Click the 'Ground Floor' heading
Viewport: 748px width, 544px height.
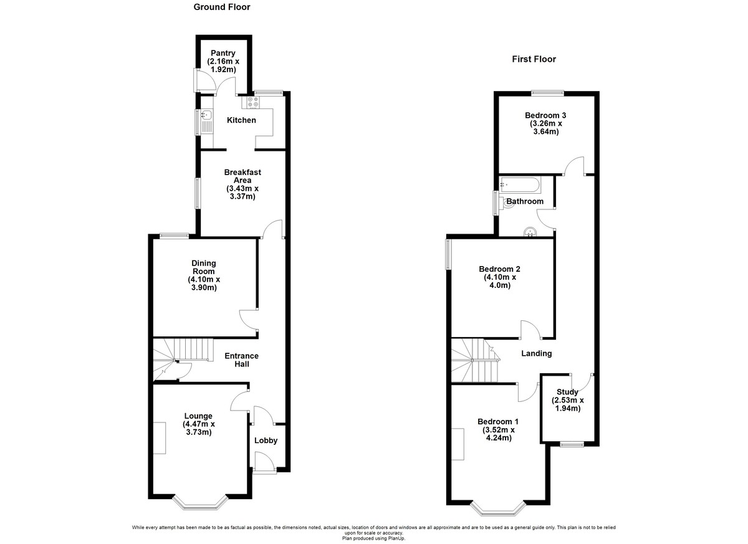[222, 7]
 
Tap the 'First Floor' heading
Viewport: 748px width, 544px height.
[534, 59]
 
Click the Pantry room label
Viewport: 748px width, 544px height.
[223, 53]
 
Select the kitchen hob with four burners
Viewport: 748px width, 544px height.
[253, 102]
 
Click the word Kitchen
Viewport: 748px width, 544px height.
[241, 120]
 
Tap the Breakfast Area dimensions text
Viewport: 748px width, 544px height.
[242, 193]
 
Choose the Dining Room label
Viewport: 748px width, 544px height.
[204, 267]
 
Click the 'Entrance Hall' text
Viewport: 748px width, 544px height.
[241, 360]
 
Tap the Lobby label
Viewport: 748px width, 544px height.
[266, 441]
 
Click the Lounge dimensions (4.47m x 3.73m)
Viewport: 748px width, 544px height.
[199, 428]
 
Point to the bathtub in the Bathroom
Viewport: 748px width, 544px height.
[520, 185]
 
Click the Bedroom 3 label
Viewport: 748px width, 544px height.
[545, 115]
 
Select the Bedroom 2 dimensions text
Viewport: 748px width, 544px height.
[499, 281]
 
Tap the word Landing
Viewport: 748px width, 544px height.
[537, 353]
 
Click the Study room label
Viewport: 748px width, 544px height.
[567, 392]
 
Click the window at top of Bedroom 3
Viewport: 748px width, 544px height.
[548, 93]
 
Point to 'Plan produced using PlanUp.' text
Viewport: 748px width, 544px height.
[373, 538]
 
